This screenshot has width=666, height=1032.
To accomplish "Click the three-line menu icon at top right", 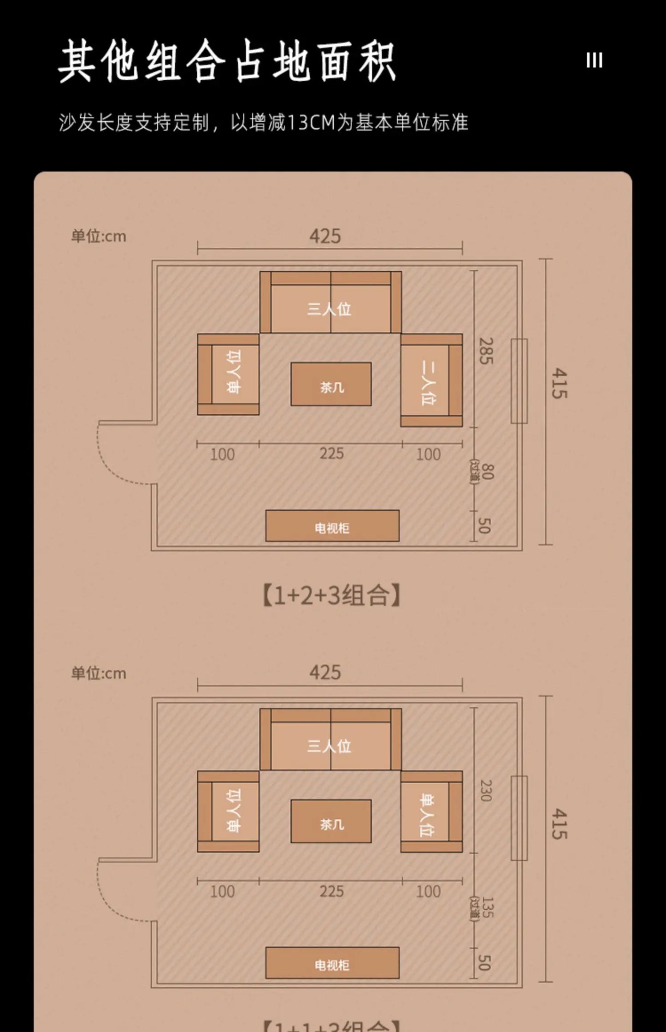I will [594, 60].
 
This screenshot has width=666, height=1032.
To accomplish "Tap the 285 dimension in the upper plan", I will [486, 351].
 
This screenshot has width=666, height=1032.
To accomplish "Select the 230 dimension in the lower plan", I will [486, 790].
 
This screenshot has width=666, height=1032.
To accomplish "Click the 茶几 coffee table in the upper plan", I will [331, 384].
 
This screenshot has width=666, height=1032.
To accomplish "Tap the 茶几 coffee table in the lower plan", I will [331, 821].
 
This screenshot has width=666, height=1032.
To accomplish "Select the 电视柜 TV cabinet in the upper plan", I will [332, 526].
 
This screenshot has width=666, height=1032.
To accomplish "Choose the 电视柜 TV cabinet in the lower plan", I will [332, 963].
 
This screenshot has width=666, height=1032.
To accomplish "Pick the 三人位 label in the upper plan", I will [330, 309].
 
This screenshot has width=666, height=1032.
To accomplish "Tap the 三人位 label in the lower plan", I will [330, 746].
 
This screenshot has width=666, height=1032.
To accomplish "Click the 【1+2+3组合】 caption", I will [331, 595].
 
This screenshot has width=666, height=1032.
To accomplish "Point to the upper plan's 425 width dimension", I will [325, 237].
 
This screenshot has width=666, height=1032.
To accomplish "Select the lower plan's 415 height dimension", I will [559, 823].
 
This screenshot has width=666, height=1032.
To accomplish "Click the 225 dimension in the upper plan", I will [331, 453].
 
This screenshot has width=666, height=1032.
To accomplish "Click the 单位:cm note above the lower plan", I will [99, 673].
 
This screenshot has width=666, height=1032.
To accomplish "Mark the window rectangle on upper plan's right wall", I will [519, 381].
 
